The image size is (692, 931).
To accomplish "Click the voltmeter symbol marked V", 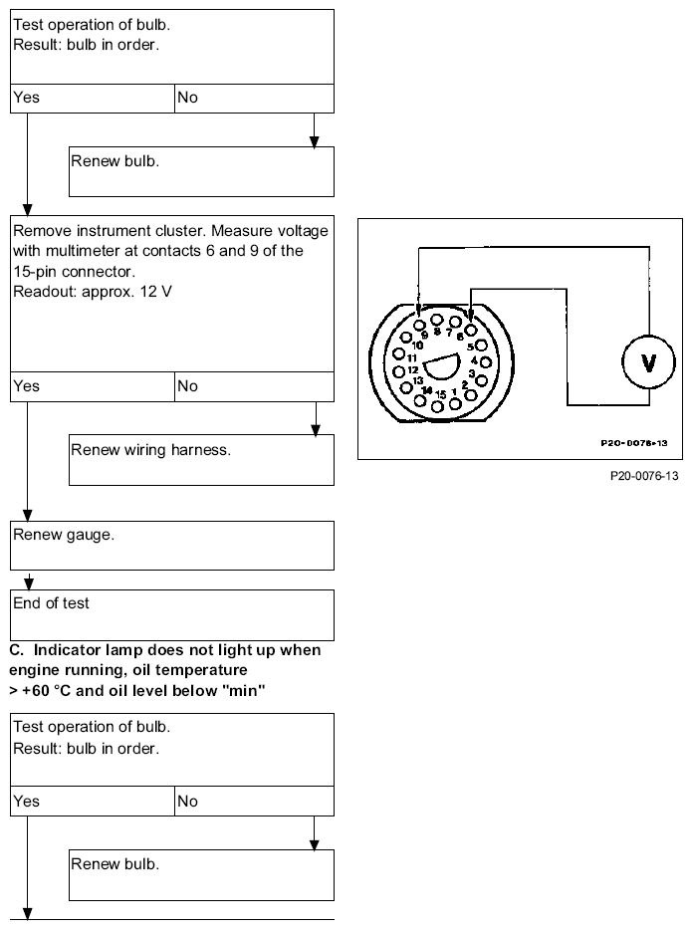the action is click(648, 361).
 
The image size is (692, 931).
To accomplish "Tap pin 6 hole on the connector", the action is click(471, 330).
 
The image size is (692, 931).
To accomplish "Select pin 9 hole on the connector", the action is click(419, 325).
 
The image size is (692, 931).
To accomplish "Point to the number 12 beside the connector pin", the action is click(413, 369).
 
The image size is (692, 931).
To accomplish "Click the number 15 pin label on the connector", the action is click(440, 394).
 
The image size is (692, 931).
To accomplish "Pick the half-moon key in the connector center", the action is click(442, 366).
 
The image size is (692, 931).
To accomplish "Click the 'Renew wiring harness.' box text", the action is click(150, 450).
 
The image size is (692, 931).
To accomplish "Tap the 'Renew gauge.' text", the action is click(64, 535).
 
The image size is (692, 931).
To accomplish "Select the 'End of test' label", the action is click(51, 603).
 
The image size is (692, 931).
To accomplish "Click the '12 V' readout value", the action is click(155, 292).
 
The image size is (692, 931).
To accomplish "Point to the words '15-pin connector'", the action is click(75, 272).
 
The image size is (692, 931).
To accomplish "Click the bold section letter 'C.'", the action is click(17, 650).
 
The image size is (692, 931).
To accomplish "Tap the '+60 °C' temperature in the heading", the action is click(46, 691).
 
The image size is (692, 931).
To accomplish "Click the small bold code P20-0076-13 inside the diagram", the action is click(634, 443).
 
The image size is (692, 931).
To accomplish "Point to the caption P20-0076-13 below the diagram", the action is click(644, 476).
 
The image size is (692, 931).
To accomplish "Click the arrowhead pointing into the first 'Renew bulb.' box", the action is click(314, 141).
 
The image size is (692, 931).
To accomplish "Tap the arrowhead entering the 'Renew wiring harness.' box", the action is click(316, 429).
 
